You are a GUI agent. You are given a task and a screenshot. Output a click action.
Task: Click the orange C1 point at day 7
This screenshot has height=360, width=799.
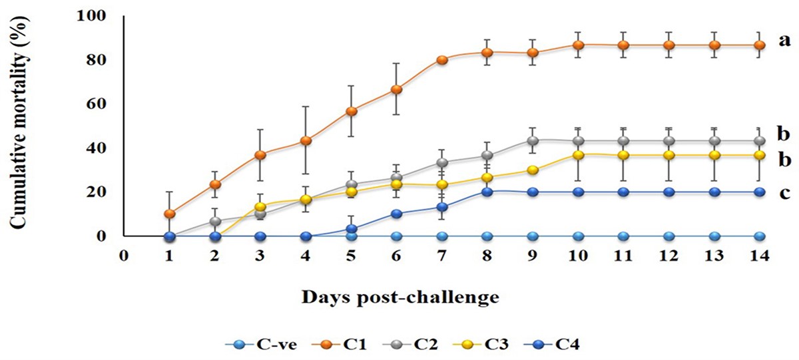click(x=442, y=60)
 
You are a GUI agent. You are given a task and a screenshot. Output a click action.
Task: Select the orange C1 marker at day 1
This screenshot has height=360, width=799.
click(x=170, y=214)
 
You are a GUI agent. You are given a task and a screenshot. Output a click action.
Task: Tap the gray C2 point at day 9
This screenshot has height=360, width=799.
click(x=533, y=140)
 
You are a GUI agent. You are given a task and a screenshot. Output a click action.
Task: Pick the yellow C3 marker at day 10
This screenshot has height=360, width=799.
click(x=579, y=155)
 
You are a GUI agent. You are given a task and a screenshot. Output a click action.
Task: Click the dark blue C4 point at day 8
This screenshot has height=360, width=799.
click(x=487, y=192)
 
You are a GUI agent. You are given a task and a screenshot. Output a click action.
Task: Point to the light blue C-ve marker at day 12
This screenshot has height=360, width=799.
click(x=669, y=236)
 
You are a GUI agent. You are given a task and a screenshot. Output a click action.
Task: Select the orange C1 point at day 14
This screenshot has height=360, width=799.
click(x=760, y=45)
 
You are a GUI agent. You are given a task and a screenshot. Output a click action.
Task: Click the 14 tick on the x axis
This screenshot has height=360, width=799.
click(x=760, y=254)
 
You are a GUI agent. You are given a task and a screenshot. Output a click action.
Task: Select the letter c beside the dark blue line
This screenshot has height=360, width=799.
click(x=786, y=193)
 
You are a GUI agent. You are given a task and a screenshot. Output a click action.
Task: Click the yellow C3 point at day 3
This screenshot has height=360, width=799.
click(x=260, y=206)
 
